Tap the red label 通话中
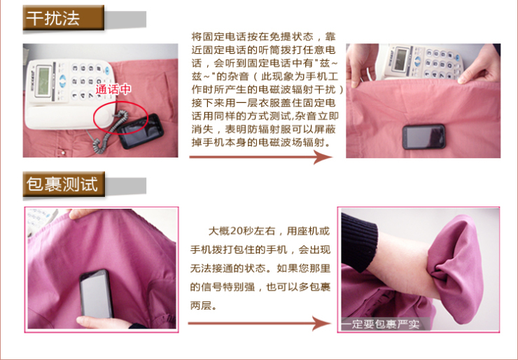(x=113, y=90)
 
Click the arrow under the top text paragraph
(x=260, y=157)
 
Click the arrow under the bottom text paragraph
(x=260, y=323)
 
